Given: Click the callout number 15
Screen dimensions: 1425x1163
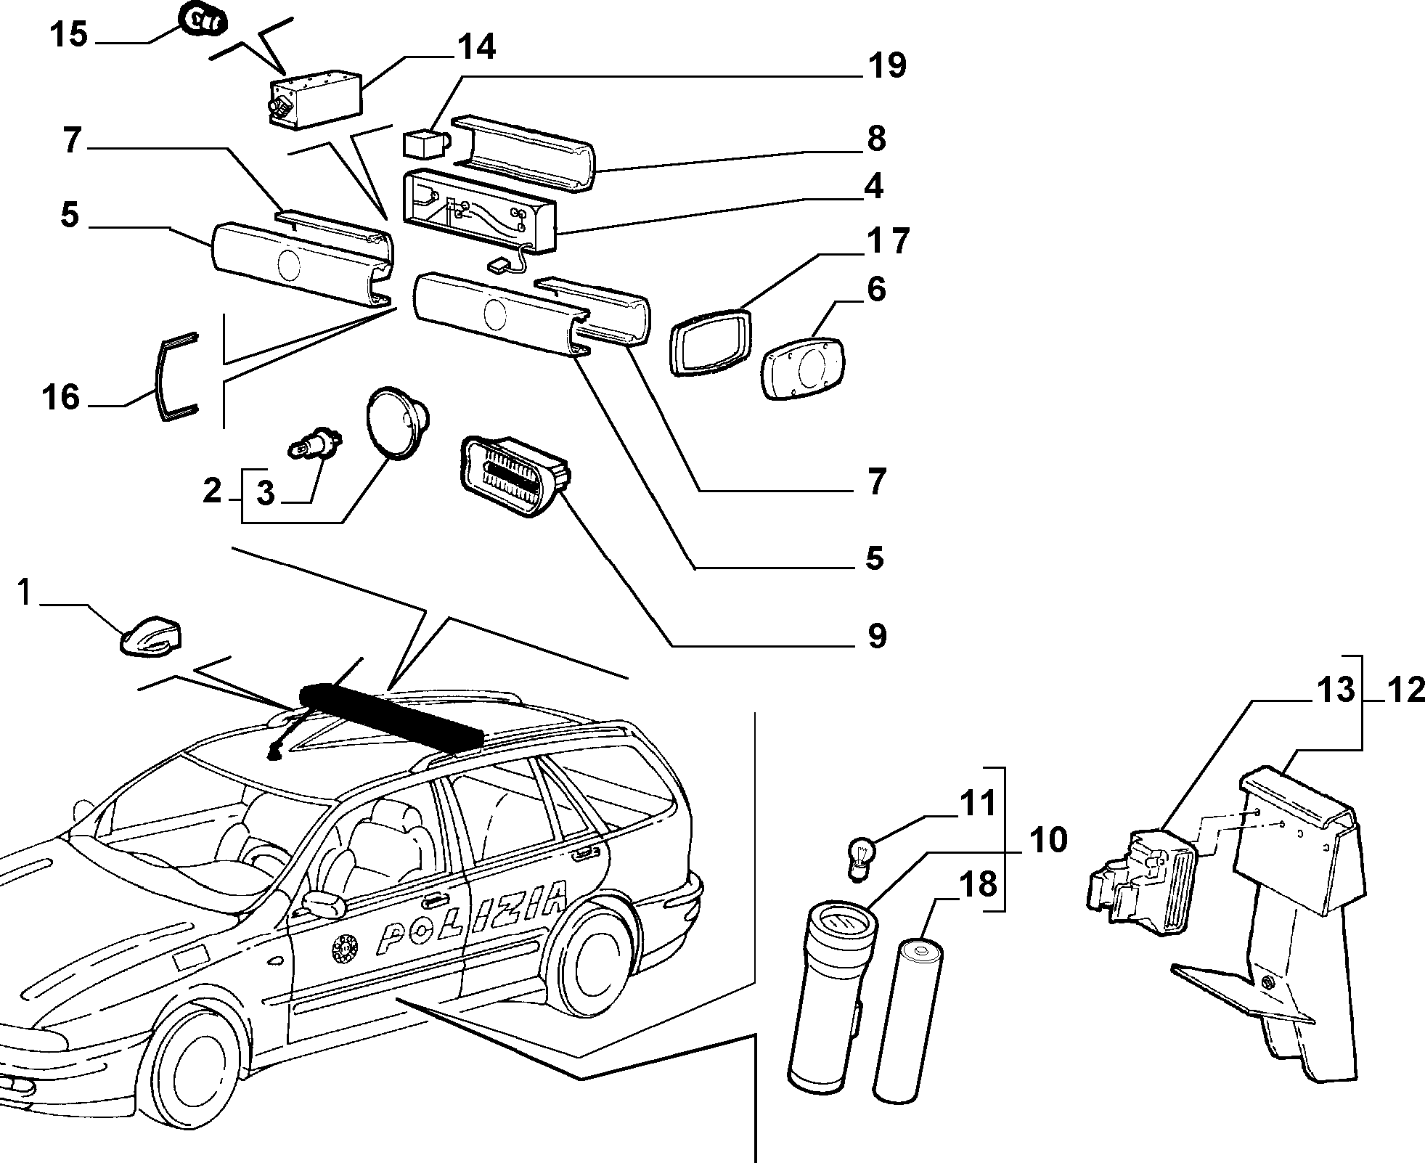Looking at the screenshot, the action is [x=69, y=34].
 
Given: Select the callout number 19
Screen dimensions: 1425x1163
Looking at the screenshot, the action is [x=886, y=66].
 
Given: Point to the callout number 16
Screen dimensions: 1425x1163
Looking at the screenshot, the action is [x=61, y=397].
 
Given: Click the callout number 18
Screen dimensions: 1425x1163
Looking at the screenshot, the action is [x=979, y=885].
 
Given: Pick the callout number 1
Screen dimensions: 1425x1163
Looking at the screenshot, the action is [x=25, y=593].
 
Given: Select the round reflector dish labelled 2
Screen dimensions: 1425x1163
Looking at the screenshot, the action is [x=396, y=422].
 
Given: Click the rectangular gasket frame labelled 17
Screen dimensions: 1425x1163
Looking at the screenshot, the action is [x=711, y=341].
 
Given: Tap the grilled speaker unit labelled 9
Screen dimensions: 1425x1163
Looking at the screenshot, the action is [x=515, y=476].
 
